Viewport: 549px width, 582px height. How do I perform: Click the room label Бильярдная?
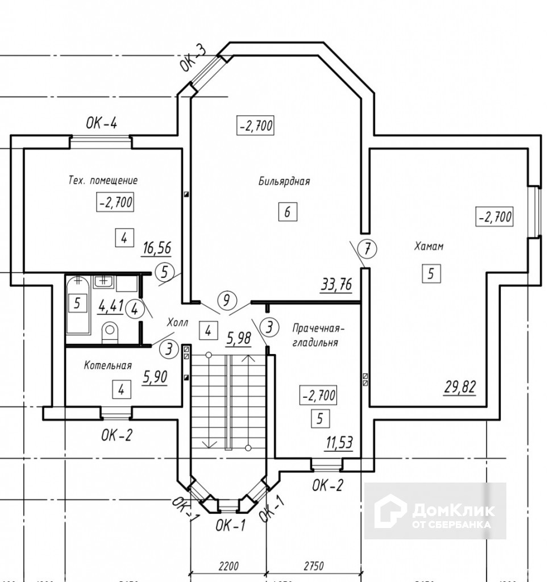tap(284, 182)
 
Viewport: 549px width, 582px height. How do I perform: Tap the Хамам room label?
tap(429, 247)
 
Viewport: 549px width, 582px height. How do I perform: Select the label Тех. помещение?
tap(103, 181)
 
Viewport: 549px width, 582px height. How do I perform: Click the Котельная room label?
tap(108, 365)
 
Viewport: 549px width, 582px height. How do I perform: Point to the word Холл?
tap(177, 323)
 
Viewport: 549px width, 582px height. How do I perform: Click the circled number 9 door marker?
tap(227, 298)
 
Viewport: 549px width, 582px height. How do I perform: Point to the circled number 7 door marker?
tap(368, 248)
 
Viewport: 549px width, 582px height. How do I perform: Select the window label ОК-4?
tap(102, 123)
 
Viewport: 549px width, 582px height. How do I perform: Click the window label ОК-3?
tap(194, 58)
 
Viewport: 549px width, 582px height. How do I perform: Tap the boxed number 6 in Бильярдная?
tap(288, 212)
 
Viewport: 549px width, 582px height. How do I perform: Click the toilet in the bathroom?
tap(110, 332)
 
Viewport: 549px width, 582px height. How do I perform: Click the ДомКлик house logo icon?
tap(392, 510)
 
